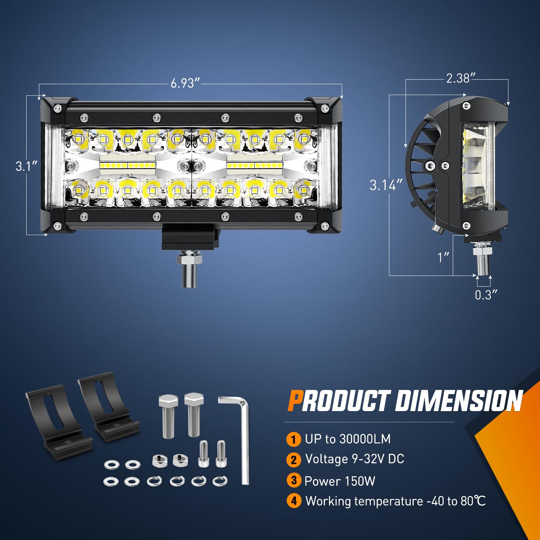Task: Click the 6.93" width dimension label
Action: tap(185, 83)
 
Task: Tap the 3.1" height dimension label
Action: tap(27, 166)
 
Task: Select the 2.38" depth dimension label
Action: tap(461, 78)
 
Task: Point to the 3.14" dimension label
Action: tap(386, 185)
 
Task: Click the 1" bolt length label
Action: tap(444, 257)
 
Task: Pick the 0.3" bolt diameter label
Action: tap(486, 295)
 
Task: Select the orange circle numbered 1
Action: tap(293, 439)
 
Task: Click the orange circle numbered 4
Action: tap(294, 501)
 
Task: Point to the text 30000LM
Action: tap(365, 439)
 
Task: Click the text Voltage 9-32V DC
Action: tap(355, 459)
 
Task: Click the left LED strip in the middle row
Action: tap(128, 165)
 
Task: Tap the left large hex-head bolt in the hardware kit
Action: tap(168, 416)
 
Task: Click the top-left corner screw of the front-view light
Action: tap(57, 108)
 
